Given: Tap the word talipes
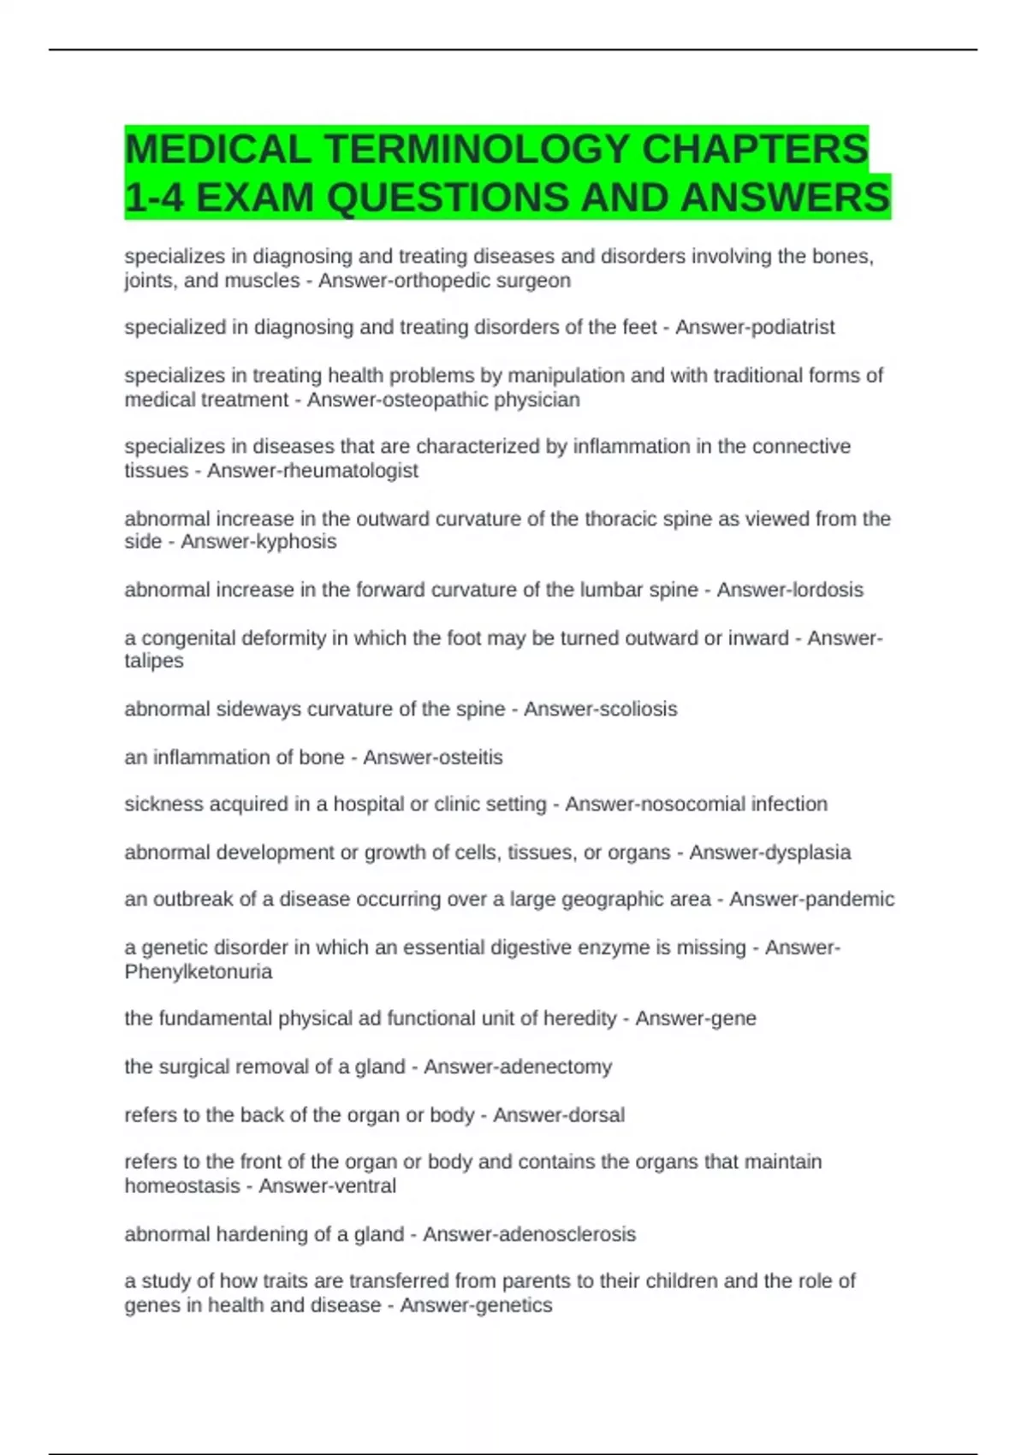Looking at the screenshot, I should [x=154, y=661].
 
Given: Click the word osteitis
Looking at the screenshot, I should [x=469, y=757].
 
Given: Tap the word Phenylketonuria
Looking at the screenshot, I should [x=199, y=972].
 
